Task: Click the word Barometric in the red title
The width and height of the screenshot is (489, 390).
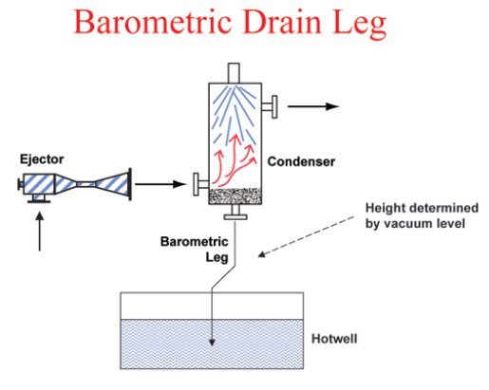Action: pyautogui.click(x=153, y=23)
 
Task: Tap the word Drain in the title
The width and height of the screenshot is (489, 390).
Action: pyautogui.click(x=282, y=23)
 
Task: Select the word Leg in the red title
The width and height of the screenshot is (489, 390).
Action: pyautogui.click(x=360, y=26)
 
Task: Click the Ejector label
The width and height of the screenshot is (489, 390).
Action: pyautogui.click(x=42, y=159)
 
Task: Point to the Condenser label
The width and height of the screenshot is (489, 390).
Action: pyautogui.click(x=301, y=161)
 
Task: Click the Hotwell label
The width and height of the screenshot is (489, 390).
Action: pyautogui.click(x=334, y=339)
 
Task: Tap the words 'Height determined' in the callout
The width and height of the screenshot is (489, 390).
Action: pyautogui.click(x=422, y=208)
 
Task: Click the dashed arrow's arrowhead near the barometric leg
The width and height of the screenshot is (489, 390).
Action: pyautogui.click(x=262, y=254)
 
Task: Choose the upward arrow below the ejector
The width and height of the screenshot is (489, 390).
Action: pyautogui.click(x=40, y=232)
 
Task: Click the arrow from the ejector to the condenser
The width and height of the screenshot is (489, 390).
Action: pyautogui.click(x=160, y=184)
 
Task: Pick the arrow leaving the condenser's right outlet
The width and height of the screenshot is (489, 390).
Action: pyautogui.click(x=313, y=106)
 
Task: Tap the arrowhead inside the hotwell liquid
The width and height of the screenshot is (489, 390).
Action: pyautogui.click(x=212, y=343)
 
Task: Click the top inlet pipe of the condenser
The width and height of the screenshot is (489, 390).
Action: pyautogui.click(x=234, y=73)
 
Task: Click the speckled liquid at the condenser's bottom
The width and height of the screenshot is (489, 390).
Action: pyautogui.click(x=235, y=196)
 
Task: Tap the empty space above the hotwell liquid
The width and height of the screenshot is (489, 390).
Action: pyautogui.click(x=212, y=306)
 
